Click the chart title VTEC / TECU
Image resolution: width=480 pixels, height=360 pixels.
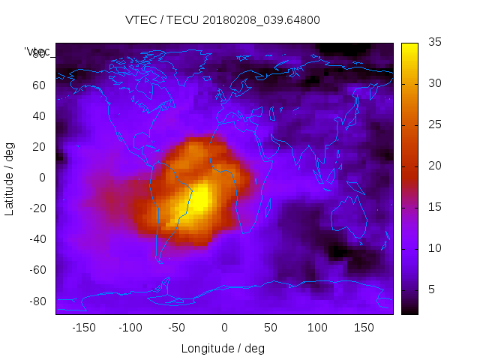(223, 20)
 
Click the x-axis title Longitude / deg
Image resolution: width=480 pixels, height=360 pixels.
(223, 349)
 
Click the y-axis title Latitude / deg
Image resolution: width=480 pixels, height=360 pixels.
(10, 178)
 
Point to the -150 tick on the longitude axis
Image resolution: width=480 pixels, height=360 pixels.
(84, 328)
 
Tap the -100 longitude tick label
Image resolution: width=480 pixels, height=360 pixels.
(130, 328)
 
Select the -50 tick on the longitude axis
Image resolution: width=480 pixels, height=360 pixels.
(177, 328)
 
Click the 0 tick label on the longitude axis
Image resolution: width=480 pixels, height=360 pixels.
(224, 328)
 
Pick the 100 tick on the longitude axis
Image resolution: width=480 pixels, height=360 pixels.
(318, 328)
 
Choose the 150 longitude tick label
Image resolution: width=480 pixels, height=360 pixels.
(364, 328)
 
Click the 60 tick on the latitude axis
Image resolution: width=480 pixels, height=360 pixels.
(39, 85)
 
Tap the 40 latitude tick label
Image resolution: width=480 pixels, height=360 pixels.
(39, 115)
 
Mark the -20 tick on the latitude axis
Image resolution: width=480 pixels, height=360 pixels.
(37, 208)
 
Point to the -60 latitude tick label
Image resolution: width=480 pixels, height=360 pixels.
(37, 270)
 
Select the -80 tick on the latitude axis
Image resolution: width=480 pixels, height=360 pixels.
(37, 301)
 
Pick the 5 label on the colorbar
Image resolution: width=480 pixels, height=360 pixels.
(431, 289)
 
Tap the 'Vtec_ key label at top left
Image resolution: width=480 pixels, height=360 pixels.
(37, 52)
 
